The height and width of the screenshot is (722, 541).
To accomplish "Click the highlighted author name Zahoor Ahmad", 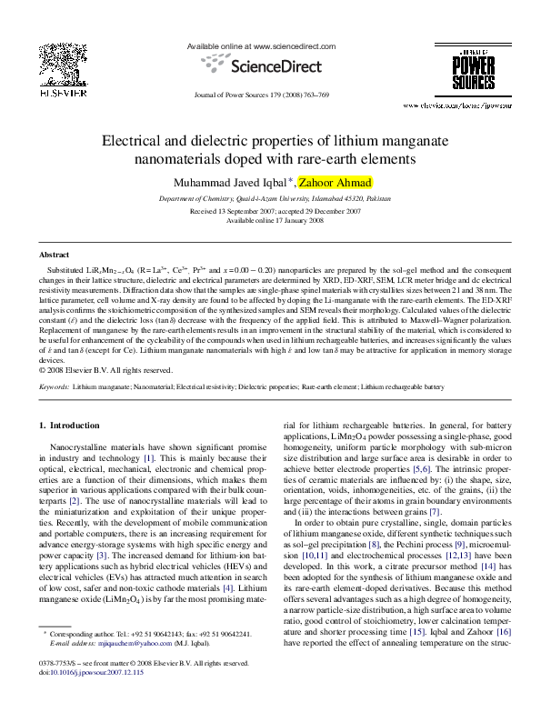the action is point(335,183).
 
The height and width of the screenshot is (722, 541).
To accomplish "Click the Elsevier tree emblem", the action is point(62,65).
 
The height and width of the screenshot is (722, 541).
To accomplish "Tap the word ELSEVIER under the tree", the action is point(62,93).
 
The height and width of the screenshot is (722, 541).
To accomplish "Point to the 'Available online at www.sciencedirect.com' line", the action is point(261,45).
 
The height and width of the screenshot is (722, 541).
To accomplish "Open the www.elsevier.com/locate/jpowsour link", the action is point(456,106).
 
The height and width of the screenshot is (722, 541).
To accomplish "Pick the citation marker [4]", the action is point(426,470).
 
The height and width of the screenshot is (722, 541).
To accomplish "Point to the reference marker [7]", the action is point(435,513).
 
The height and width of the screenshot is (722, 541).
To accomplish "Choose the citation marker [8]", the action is point(374,545).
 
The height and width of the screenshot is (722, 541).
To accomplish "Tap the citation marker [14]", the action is point(489,567).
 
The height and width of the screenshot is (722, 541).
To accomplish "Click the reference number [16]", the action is point(505,632).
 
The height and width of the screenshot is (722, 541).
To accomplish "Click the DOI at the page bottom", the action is point(97,673).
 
